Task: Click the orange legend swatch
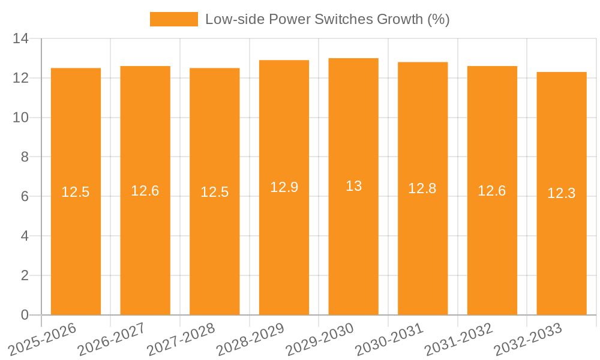pos(173,19)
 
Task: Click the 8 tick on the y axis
pos(24,157)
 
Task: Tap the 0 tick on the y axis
pos(24,315)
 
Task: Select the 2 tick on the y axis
pos(24,275)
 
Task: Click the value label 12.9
pos(284,187)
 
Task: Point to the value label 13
pos(353,186)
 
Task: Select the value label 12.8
pos(422,188)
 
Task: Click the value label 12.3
pos(562,193)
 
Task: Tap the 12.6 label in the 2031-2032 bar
pos(492,191)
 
